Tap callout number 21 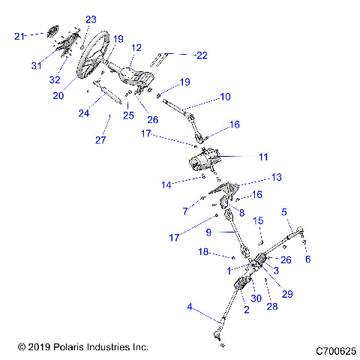(20, 35)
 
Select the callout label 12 (136, 47)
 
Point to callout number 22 (201, 55)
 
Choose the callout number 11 (262, 157)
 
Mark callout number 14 (166, 183)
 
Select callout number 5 (284, 212)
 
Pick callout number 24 (84, 113)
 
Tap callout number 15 (257, 220)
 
